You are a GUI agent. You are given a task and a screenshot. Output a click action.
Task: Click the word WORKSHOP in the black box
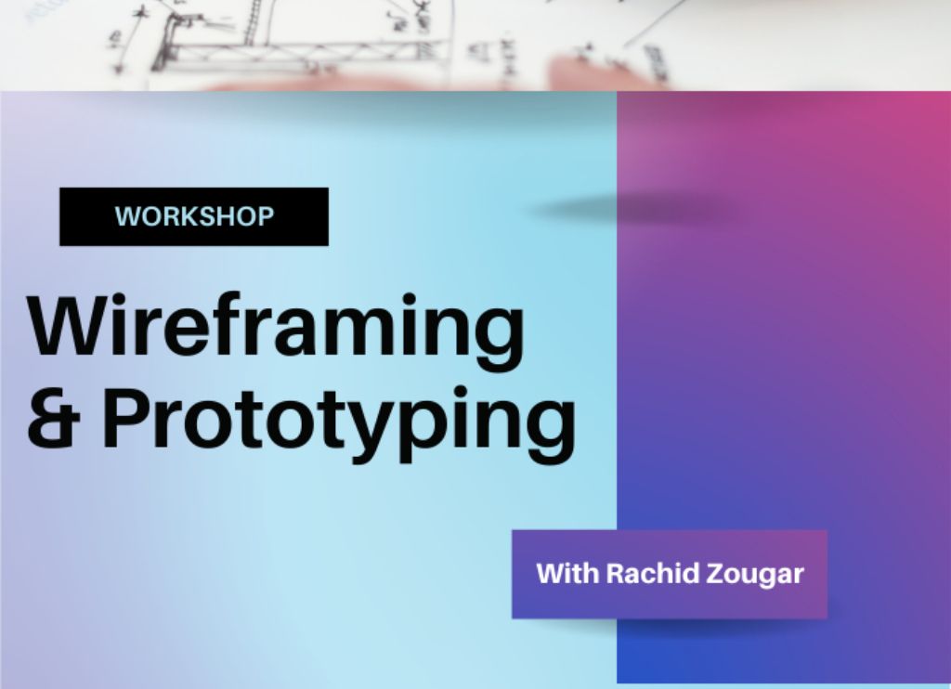pyautogui.click(x=194, y=216)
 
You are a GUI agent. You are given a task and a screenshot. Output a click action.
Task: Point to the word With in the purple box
pyautogui.click(x=567, y=573)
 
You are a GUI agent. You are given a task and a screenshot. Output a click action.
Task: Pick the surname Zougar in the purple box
pyautogui.click(x=756, y=575)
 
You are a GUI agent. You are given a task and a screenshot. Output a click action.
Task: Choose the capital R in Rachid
pyautogui.click(x=617, y=574)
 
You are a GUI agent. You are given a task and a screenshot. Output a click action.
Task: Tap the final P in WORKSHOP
pyautogui.click(x=266, y=216)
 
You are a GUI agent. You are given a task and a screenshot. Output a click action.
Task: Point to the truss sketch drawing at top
pyautogui.click(x=291, y=45)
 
